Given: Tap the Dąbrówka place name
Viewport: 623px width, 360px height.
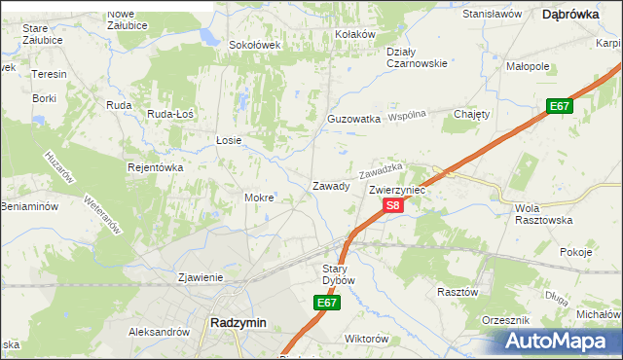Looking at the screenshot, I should (569, 14).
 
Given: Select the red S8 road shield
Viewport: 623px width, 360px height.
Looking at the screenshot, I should (391, 205).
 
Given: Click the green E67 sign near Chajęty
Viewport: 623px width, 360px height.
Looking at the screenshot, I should (558, 106).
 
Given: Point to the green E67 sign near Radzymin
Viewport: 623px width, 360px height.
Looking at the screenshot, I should (327, 304).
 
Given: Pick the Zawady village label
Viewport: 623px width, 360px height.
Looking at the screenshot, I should (330, 186).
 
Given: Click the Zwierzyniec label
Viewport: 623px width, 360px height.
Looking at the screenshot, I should (397, 191).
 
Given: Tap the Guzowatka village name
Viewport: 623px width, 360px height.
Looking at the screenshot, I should (353, 119).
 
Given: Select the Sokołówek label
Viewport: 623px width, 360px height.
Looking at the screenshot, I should (254, 45).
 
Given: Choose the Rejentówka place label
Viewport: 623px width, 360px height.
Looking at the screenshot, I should (156, 167).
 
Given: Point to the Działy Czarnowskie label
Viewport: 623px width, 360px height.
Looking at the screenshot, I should (416, 57).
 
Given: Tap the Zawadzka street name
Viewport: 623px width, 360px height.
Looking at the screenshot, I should (381, 170).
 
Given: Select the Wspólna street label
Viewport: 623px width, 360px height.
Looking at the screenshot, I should (409, 115).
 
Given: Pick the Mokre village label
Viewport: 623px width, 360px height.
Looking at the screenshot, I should (259, 198).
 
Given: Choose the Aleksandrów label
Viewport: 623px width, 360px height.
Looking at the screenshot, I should (159, 332).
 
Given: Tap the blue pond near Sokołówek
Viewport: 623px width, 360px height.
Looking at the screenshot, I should (208, 38).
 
